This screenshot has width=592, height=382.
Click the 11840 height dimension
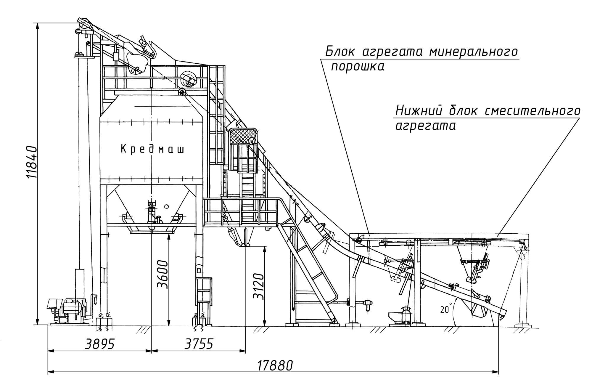(x=31, y=162)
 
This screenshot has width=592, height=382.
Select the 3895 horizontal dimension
(x=100, y=344)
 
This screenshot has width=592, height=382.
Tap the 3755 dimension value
(x=199, y=344)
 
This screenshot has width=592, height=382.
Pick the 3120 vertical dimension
(x=259, y=286)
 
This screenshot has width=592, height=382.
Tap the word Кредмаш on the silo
(x=152, y=149)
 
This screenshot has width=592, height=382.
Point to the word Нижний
(x=418, y=111)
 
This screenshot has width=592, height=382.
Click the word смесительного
(x=533, y=111)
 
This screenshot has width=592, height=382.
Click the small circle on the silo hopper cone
(x=166, y=206)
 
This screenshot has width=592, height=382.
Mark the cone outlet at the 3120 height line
(x=246, y=245)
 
